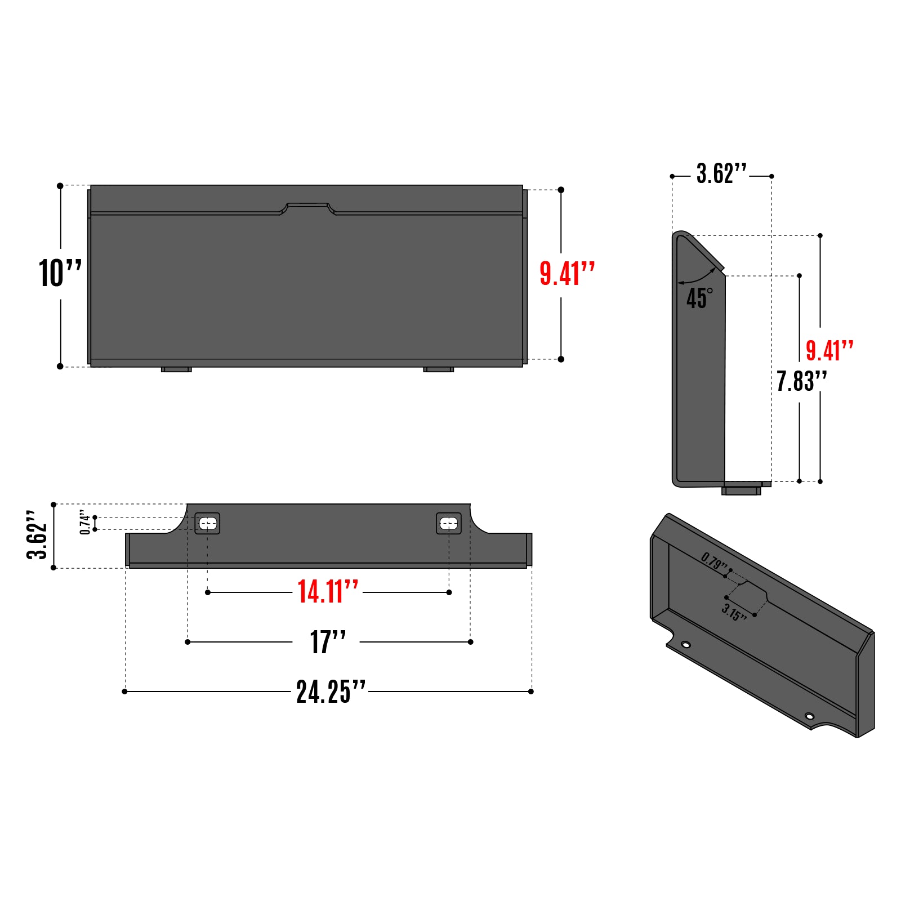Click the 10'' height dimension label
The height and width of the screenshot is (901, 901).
60,274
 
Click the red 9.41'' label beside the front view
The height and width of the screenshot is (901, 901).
567,274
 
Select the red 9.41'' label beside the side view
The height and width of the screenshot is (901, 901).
829,351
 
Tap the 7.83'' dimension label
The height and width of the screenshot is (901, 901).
801,381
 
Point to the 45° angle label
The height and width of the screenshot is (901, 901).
699,298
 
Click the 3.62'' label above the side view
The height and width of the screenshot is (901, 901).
721,173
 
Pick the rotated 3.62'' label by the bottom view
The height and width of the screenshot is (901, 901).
37,535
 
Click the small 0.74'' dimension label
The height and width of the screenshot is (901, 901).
85,522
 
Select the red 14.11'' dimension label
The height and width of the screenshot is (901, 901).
327,592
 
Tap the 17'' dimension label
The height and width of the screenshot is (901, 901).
328,642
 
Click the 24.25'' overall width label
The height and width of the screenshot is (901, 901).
331,692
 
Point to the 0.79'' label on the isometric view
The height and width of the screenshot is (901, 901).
714,561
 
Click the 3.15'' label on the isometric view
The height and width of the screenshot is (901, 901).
734,612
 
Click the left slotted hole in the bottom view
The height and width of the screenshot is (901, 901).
208,524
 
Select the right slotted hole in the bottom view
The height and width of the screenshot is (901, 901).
449,524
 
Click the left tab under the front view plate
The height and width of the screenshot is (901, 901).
176,369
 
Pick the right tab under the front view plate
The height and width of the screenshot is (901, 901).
439,369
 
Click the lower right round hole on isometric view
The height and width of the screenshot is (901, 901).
809,716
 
